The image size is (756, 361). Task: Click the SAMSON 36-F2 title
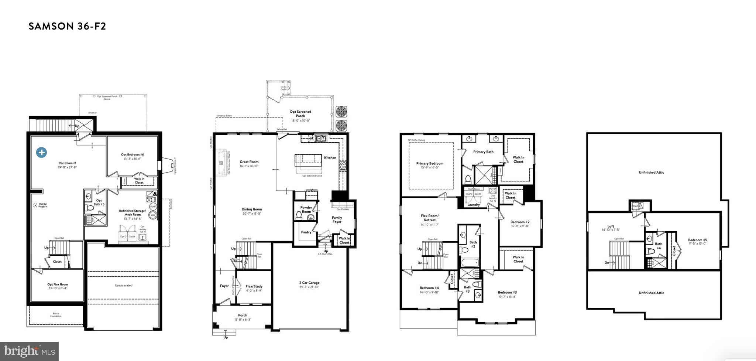pyautogui.click(x=67, y=26)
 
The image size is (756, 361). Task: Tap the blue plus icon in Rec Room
pyautogui.click(x=41, y=152)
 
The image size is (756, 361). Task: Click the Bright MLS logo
pyautogui.click(x=29, y=351)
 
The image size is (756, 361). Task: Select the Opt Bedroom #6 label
pyautogui.click(x=132, y=155)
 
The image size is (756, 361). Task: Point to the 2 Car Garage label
pyautogui.click(x=309, y=283)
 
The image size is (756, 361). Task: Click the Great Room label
pyautogui.click(x=249, y=162)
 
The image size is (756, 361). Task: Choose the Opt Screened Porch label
pyautogui.click(x=300, y=114)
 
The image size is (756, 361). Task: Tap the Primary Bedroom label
pyautogui.click(x=430, y=163)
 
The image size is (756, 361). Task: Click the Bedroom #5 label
pyautogui.click(x=697, y=240)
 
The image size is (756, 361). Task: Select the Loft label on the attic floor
pyautogui.click(x=611, y=227)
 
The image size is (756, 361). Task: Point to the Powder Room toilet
pyautogui.click(x=299, y=215)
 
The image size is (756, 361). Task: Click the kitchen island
pyautogui.click(x=309, y=161)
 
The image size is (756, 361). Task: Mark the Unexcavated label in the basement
pyautogui.click(x=123, y=286)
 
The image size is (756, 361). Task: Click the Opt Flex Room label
pyautogui.click(x=58, y=285)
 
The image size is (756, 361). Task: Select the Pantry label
pyautogui.click(x=306, y=232)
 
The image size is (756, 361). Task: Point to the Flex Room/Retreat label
pyautogui.click(x=430, y=218)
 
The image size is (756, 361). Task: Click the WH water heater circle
pyautogui.click(x=153, y=215)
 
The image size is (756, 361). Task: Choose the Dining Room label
pyautogui.click(x=252, y=210)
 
